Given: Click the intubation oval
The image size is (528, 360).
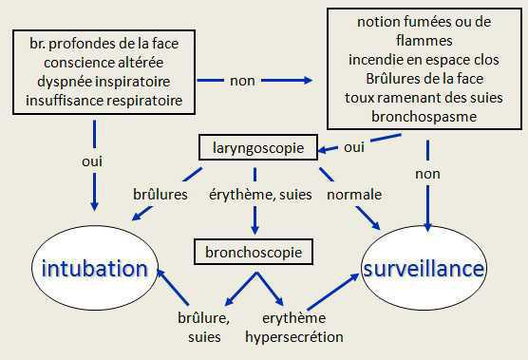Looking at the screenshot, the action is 93,269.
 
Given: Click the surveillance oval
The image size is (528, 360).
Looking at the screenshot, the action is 424,269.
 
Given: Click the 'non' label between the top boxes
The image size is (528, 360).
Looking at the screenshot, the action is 242,81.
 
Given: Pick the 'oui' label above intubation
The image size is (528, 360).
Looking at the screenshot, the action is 93,161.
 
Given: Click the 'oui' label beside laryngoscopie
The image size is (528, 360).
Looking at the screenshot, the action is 354,147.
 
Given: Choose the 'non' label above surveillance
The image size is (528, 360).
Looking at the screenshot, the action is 427,175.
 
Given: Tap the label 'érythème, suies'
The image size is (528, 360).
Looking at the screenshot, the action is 255,195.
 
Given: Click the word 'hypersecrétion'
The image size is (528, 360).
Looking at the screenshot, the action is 294,336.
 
